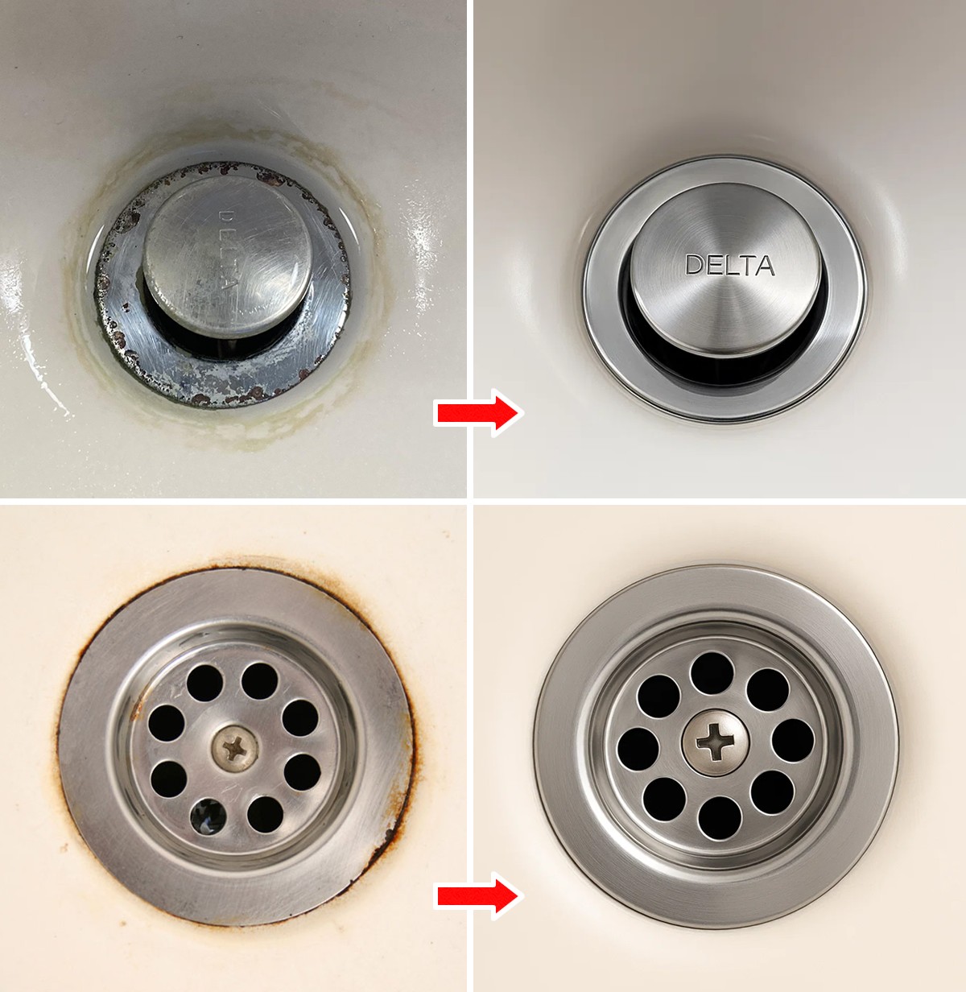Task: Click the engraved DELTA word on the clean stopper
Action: click(x=730, y=265)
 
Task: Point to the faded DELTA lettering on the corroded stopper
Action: click(x=228, y=250)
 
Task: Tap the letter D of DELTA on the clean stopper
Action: click(x=694, y=265)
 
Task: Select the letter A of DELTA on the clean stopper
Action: click(x=766, y=266)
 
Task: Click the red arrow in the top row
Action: click(x=478, y=412)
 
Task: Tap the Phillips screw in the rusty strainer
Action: click(x=235, y=748)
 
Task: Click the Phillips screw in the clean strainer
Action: click(x=715, y=742)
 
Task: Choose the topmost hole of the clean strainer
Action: click(x=712, y=673)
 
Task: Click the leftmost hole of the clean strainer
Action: click(x=638, y=749)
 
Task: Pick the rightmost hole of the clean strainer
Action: click(x=793, y=741)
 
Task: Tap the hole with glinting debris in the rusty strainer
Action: click(x=208, y=816)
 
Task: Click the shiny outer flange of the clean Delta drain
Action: click(x=724, y=403)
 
